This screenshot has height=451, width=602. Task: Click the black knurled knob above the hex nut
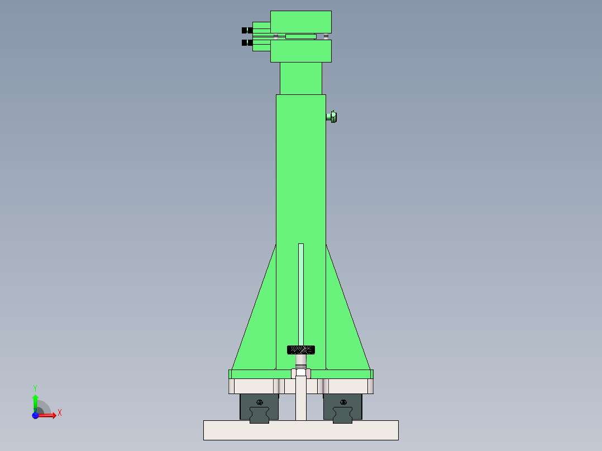point(300,350)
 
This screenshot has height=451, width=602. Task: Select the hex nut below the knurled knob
point(300,373)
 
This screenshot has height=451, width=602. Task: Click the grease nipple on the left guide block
point(259,402)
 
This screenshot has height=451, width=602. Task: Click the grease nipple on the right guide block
point(343,402)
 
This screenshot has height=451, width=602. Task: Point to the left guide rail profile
point(259,416)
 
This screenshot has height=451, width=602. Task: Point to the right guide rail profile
point(343,416)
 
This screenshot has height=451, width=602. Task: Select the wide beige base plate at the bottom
point(300,430)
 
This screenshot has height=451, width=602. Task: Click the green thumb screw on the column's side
point(332,117)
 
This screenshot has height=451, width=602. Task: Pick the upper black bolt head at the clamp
point(246,30)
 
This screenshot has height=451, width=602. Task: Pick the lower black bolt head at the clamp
point(246,42)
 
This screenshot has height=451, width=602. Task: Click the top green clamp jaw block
point(300,22)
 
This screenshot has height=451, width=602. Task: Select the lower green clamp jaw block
point(300,51)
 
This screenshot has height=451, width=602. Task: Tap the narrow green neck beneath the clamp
point(300,78)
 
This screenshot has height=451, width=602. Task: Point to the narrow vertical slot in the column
point(301,290)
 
